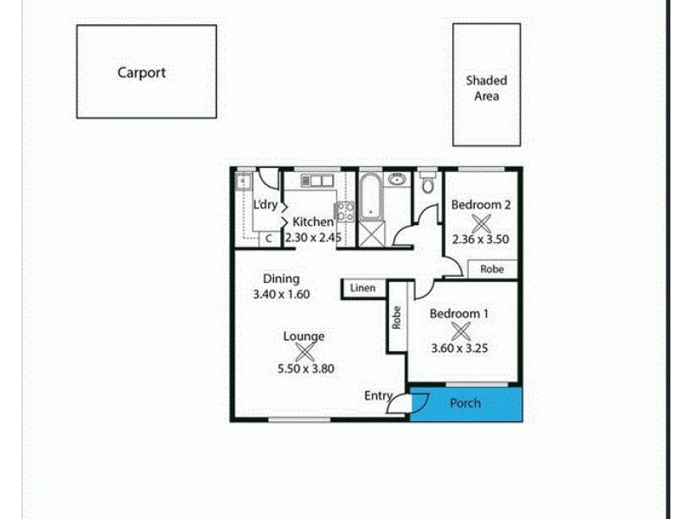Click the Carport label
tap(141, 73)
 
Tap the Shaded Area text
tap(486, 88)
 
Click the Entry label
tap(377, 395)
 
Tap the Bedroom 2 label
tap(481, 205)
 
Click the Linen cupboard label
tap(363, 287)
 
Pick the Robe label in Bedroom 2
tap(492, 269)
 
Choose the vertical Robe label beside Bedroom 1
tap(396, 318)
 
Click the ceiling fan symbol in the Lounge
tap(304, 351)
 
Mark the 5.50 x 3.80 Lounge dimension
tap(304, 368)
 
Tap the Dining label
tap(281, 279)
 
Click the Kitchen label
tap(312, 222)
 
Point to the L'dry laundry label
tap(265, 204)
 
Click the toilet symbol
tap(426, 185)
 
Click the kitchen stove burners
tap(345, 210)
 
